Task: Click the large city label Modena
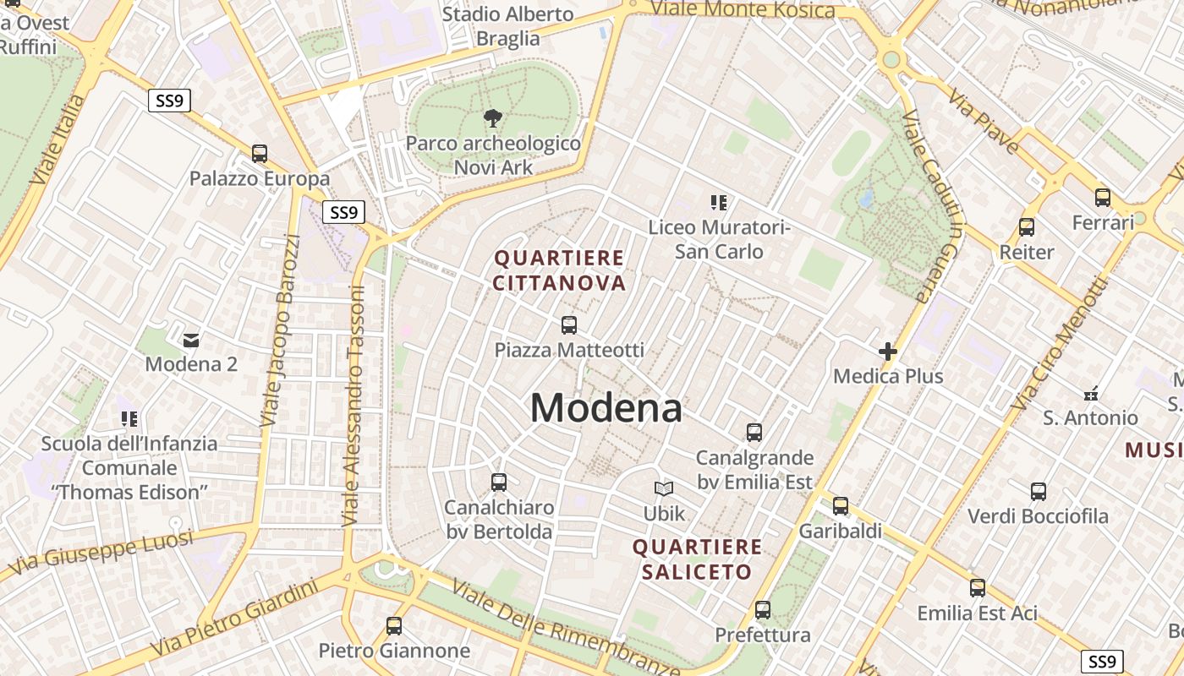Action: tap(606, 409)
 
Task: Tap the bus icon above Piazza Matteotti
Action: tap(569, 324)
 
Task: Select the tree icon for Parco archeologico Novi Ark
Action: tap(492, 118)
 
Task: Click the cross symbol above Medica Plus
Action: tap(887, 351)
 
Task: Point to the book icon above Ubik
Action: tap(664, 488)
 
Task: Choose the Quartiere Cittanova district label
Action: tap(559, 270)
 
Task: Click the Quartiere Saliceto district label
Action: tap(697, 559)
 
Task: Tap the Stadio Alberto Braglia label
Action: tap(507, 26)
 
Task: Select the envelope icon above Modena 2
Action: tap(191, 340)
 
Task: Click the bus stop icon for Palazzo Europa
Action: tap(260, 154)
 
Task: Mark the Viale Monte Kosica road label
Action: tap(743, 9)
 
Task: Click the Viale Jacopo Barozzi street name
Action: tap(281, 330)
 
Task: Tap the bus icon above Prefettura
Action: tap(763, 609)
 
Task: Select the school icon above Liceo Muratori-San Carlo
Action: tap(719, 203)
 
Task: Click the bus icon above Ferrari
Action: tap(1103, 198)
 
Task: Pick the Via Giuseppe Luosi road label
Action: tap(100, 554)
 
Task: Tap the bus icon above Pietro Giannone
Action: tap(394, 626)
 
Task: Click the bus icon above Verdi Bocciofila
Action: tap(1038, 491)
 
